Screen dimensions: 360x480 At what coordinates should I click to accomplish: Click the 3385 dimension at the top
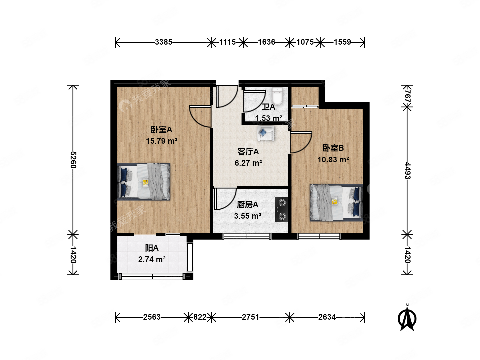pyautogui.click(x=163, y=42)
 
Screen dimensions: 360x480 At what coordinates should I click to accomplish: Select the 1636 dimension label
pyautogui.click(x=266, y=42)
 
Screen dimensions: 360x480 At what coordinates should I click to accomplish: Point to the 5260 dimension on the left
pyautogui.click(x=73, y=160)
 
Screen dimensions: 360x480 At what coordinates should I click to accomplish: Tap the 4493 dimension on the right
pyautogui.click(x=407, y=171)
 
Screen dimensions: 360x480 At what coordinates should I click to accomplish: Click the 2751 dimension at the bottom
pyautogui.click(x=250, y=317)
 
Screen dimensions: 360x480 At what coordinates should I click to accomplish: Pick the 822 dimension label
pyautogui.click(x=200, y=317)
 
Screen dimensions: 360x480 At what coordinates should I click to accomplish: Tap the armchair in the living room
pyautogui.click(x=265, y=133)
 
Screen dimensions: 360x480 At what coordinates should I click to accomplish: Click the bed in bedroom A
pyautogui.click(x=144, y=182)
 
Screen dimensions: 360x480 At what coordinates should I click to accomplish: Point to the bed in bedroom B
pyautogui.click(x=336, y=202)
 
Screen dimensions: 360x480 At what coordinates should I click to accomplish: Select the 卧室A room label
pyautogui.click(x=162, y=130)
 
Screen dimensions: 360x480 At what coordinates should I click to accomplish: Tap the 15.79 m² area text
pyautogui.click(x=162, y=141)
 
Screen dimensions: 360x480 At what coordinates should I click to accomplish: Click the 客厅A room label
pyautogui.click(x=248, y=152)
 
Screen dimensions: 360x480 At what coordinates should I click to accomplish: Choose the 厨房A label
pyautogui.click(x=247, y=205)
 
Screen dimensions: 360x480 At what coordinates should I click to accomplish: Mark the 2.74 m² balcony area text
pyautogui.click(x=152, y=259)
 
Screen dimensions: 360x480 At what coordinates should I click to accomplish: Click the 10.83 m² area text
pyautogui.click(x=333, y=160)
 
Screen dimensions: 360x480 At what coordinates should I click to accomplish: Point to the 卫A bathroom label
pyautogui.click(x=268, y=107)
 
